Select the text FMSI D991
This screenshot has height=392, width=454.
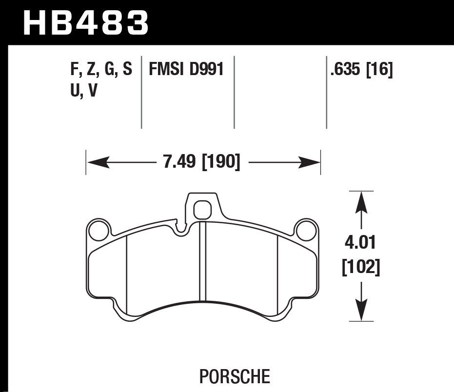(186, 70)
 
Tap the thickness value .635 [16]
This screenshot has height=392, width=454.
(361, 70)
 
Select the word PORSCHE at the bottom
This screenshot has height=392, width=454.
(235, 376)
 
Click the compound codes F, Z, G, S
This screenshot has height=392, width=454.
(101, 70)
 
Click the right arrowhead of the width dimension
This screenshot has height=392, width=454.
(310, 162)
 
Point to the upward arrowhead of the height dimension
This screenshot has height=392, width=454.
(360, 201)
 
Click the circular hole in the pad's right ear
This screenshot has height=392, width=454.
(306, 230)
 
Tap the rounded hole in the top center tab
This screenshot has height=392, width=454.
(201, 210)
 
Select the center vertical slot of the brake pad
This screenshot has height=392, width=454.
(203, 261)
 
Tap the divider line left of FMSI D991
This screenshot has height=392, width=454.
(141, 92)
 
